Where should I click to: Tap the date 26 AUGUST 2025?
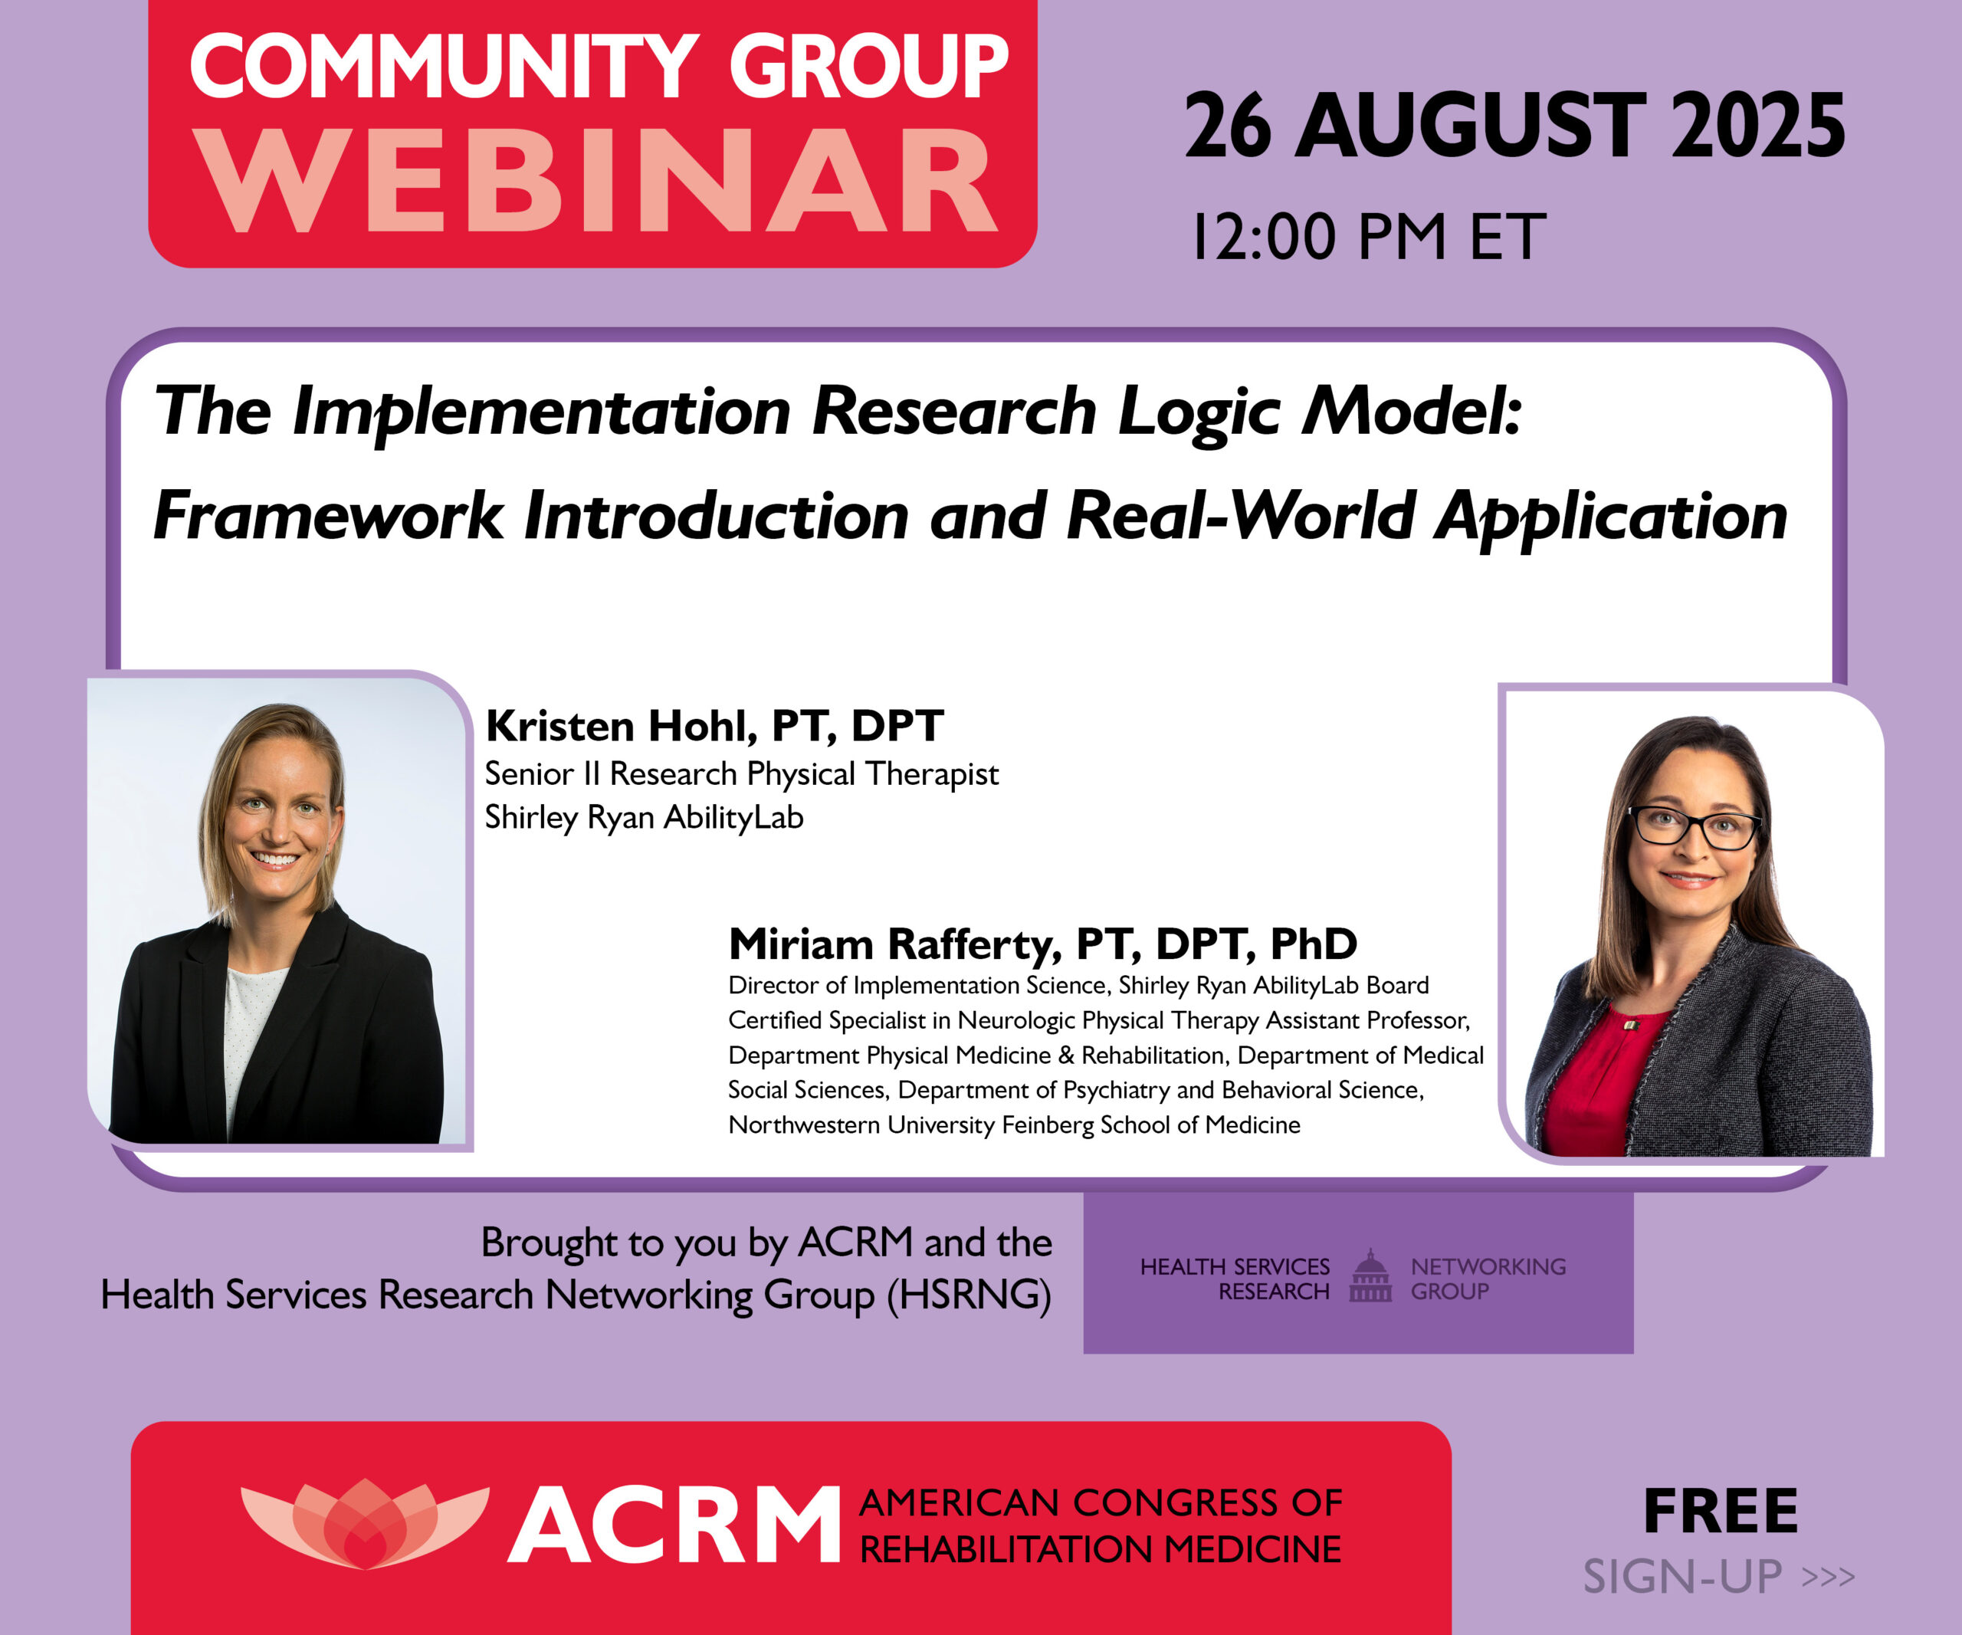click(x=1514, y=126)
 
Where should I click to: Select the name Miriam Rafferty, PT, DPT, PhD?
click(x=1042, y=944)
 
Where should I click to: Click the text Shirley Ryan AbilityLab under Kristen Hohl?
click(x=644, y=817)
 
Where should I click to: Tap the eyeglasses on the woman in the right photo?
click(x=1693, y=828)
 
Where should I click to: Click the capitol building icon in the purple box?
click(x=1370, y=1276)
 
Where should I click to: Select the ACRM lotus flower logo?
click(x=364, y=1524)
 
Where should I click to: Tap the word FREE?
click(x=1721, y=1512)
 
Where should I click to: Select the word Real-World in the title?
click(x=1241, y=516)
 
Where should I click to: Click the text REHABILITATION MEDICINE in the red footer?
click(x=1100, y=1550)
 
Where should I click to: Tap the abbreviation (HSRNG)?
click(x=969, y=1295)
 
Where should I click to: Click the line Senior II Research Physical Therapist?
click(x=742, y=773)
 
